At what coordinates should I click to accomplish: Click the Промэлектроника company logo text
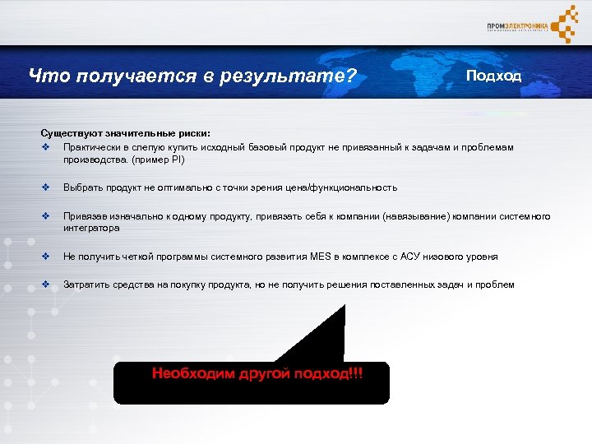point(517,26)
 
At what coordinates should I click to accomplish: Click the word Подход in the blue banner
point(493,76)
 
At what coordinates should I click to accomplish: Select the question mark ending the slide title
point(351,76)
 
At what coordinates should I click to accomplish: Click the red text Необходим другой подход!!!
point(257,374)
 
